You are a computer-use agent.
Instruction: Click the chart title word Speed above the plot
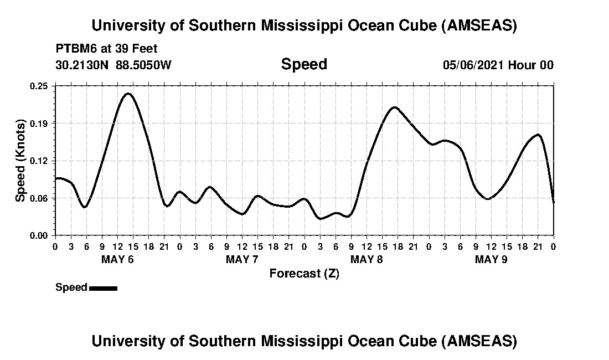coord(304,64)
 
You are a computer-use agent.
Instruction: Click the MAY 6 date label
coord(117,259)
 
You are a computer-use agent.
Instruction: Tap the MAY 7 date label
coord(242,259)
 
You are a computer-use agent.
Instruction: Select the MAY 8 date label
coord(367,259)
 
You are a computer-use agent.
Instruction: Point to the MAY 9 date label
coord(491,259)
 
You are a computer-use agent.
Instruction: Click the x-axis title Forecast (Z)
coord(304,273)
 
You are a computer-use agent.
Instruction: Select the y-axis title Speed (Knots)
coord(20,161)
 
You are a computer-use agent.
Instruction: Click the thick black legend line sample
coord(103,288)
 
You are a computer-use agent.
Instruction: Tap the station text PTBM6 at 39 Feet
coord(106,48)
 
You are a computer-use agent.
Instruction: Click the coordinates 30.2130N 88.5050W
coord(113,65)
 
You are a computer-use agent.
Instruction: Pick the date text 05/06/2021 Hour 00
coord(498,65)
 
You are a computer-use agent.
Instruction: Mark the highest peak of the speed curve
coord(128,93)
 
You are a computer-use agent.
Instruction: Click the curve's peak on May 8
coord(394,107)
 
